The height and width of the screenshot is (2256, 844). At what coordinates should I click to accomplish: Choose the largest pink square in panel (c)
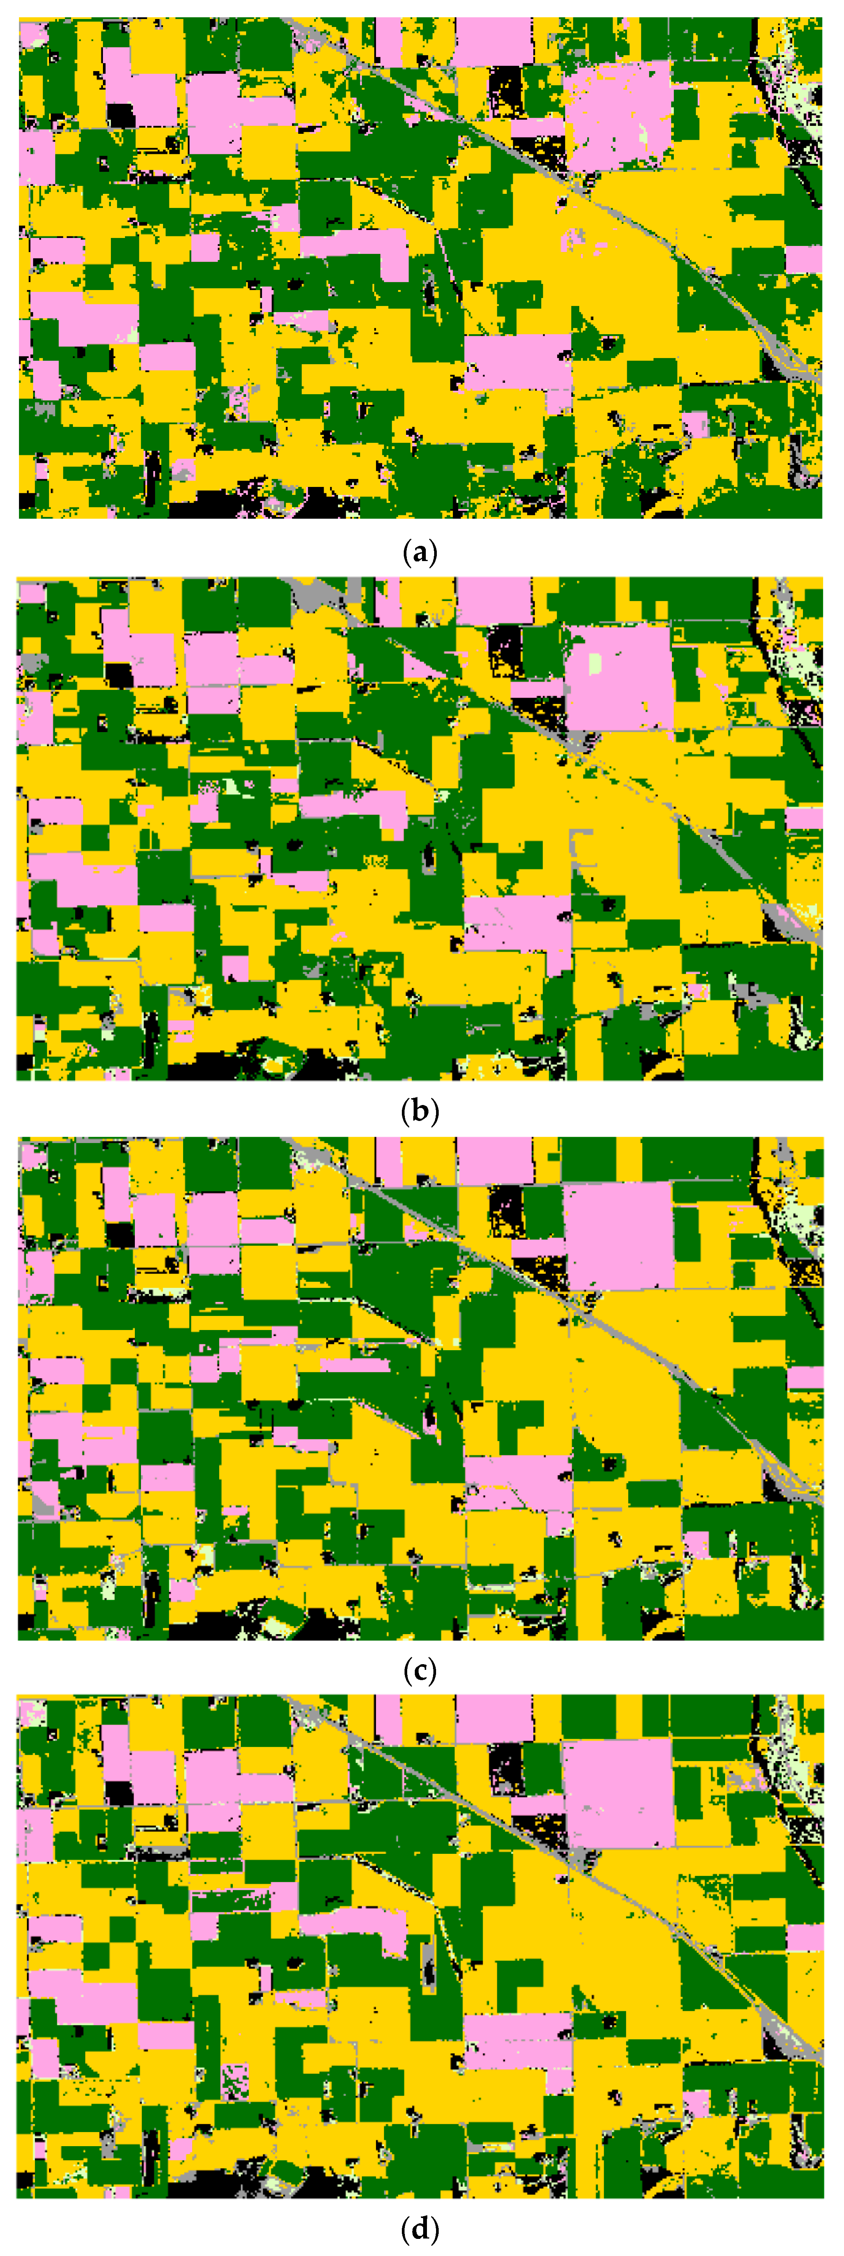pyautogui.click(x=617, y=1235)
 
